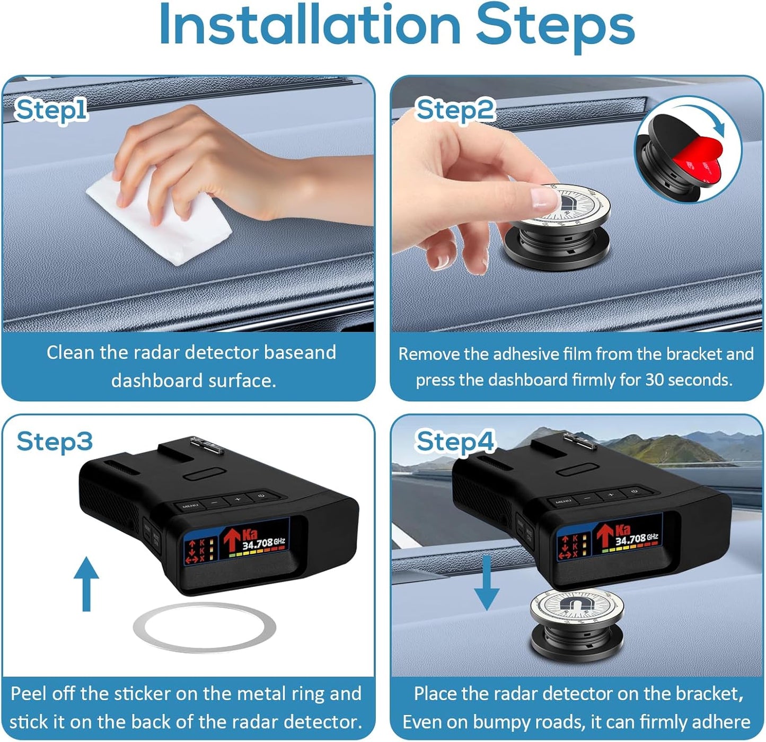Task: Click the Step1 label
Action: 51,110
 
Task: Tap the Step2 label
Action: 455,110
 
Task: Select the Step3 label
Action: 54,441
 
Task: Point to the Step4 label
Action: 455,441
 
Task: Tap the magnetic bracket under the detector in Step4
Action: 576,625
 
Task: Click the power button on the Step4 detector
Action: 634,492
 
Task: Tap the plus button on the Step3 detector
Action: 237,499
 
